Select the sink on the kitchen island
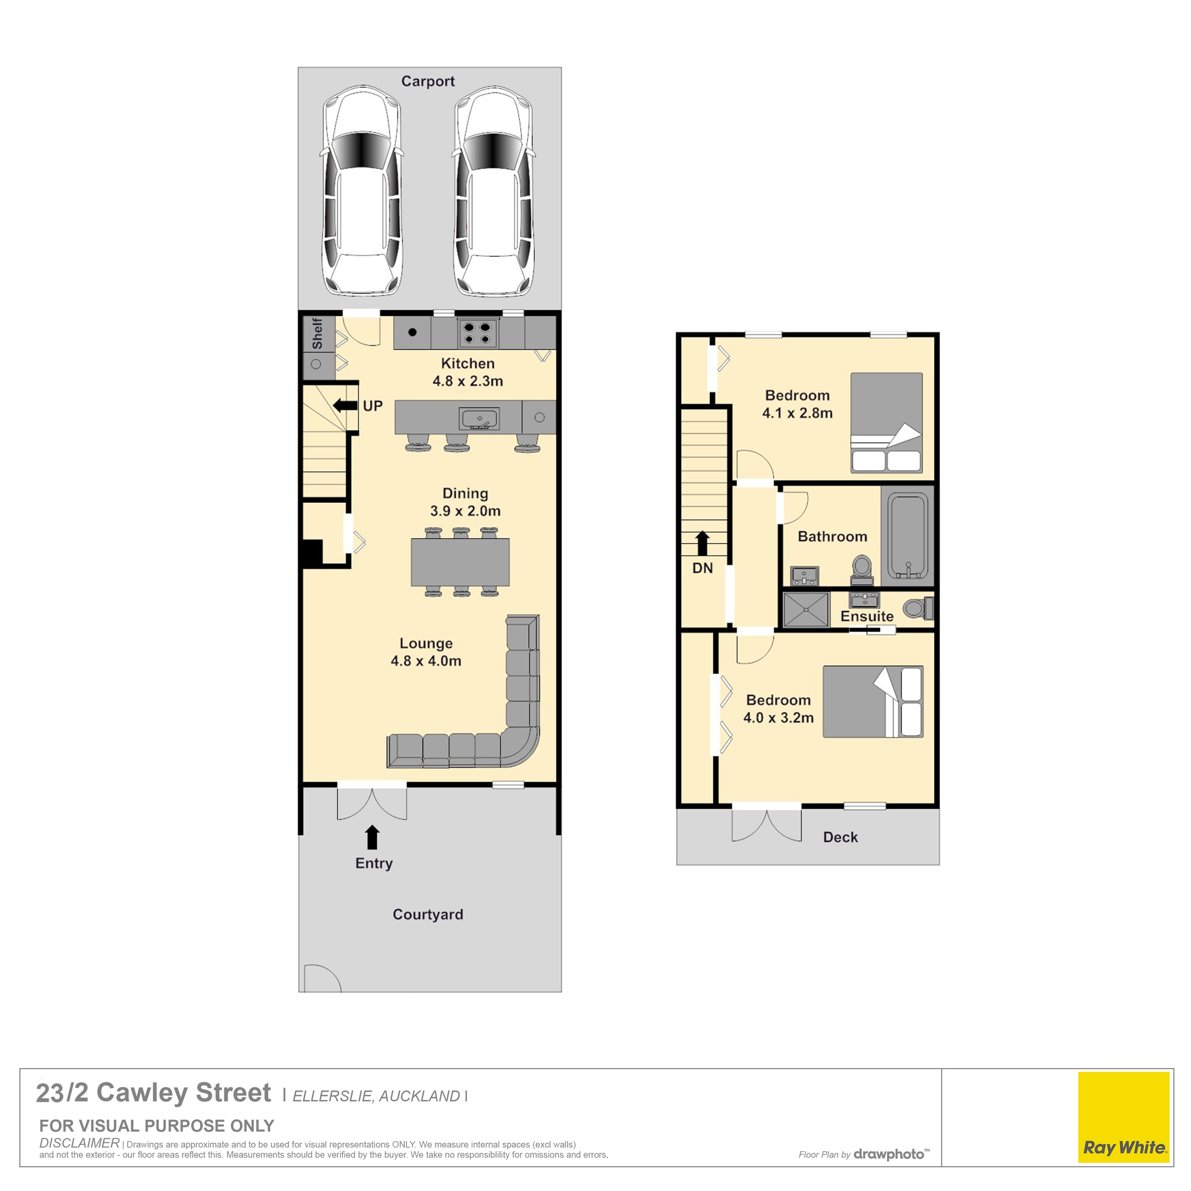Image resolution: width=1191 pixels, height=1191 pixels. [x=479, y=418]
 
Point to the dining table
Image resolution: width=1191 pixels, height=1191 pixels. [x=460, y=562]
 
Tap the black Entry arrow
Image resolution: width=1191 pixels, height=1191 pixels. [x=372, y=837]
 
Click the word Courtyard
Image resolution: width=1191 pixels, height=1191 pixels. [x=428, y=914]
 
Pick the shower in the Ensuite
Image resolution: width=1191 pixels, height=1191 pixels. [x=806, y=610]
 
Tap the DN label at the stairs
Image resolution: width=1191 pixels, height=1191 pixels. [x=702, y=568]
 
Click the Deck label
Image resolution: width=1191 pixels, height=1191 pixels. [x=840, y=836]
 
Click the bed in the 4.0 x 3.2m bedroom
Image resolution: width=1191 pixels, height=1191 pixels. [x=873, y=701]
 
